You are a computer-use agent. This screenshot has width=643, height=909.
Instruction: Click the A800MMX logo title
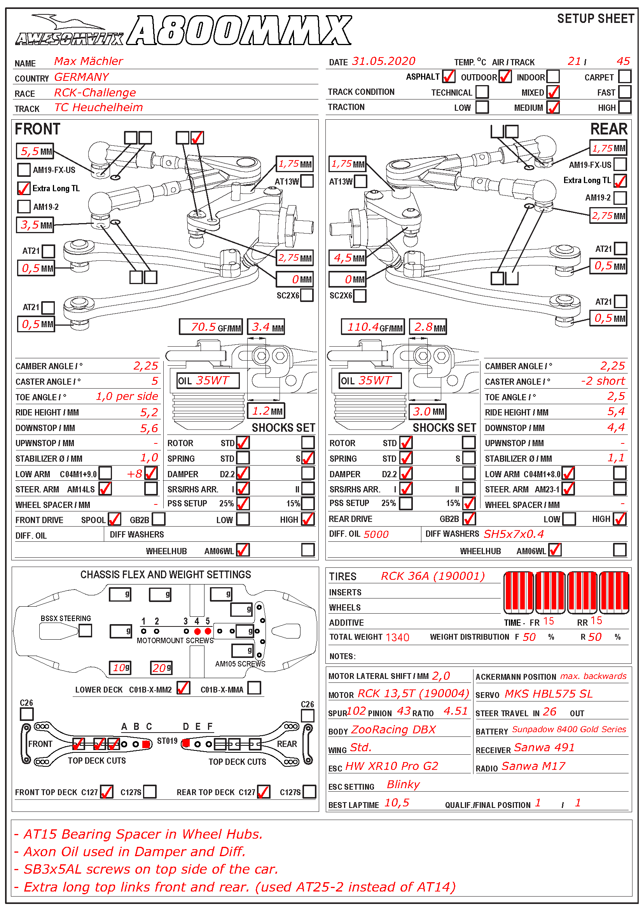click(239, 30)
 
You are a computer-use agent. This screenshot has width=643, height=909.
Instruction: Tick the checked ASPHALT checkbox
click(448, 77)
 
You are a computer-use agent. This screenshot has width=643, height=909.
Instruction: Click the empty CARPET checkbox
click(624, 77)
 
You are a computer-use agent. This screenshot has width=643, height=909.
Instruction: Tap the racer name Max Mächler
click(88, 61)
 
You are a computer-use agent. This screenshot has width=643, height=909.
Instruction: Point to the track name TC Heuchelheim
click(98, 107)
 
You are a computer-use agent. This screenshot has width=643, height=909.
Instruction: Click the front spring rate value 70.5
click(203, 327)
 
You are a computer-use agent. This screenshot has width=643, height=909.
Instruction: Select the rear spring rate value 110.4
click(363, 327)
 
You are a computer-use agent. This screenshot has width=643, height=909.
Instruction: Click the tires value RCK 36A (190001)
click(432, 576)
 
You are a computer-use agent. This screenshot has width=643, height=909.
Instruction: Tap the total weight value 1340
click(397, 637)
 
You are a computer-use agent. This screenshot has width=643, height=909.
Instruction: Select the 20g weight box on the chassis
click(161, 668)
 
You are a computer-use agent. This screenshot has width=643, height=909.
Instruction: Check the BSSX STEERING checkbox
click(85, 630)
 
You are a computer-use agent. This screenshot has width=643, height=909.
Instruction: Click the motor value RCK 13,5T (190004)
click(413, 694)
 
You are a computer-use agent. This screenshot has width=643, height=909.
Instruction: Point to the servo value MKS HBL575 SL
click(549, 694)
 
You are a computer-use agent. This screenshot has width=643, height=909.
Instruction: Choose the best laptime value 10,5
click(397, 803)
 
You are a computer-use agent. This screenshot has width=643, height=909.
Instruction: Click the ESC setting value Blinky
click(403, 785)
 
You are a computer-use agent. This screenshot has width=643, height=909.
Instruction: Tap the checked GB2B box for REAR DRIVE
click(469, 519)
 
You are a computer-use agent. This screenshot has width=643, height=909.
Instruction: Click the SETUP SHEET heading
click(595, 19)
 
